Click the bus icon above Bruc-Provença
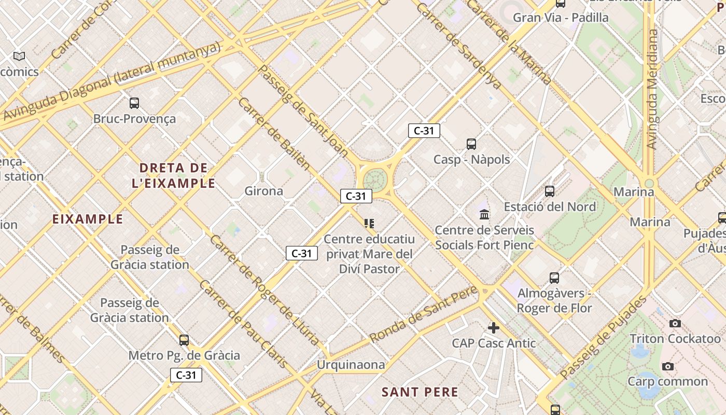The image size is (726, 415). [134, 103]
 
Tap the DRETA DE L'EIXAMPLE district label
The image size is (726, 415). [174, 175]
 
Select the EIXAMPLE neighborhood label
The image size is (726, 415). [88, 219]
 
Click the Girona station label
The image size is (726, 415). [264, 191]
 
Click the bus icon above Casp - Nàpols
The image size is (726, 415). [471, 144]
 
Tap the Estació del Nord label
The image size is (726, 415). [550, 206]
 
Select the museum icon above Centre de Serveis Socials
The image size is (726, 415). [484, 214]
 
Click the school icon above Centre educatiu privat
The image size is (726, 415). [369, 224]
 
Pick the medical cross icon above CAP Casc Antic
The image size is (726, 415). [494, 327]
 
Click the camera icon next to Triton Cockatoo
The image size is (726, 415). [675, 323]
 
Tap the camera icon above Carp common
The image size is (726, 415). [668, 366]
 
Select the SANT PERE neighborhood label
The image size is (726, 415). [420, 392]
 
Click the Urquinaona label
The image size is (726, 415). [351, 365]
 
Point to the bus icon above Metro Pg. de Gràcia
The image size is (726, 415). [184, 340]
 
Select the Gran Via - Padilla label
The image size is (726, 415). [561, 18]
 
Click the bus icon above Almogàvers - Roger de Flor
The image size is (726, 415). [554, 278]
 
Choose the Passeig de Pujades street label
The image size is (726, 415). [604, 337]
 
